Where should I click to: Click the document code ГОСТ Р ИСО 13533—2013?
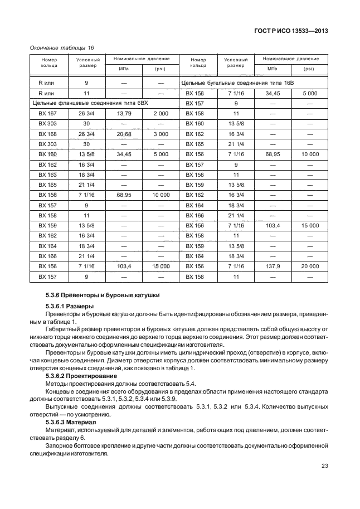[x=290, y=31]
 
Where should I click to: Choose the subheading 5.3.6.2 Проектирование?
[x=81, y=376]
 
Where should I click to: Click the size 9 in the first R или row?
[x=86, y=83]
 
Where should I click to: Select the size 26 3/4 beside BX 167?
[x=86, y=113]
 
